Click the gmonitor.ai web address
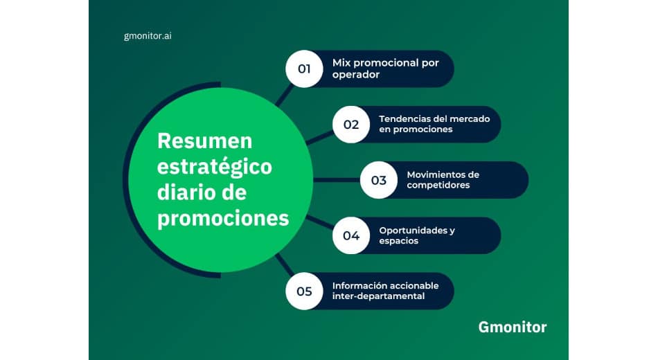[x=148, y=36]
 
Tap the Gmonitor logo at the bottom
[x=513, y=327]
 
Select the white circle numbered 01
[x=304, y=69]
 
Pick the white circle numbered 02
[x=351, y=124]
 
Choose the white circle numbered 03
[x=379, y=180]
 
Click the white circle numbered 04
[x=351, y=235]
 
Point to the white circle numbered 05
[x=304, y=291]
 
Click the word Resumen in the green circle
[x=205, y=141]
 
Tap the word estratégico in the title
[x=215, y=168]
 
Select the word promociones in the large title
[x=223, y=219]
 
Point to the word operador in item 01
[x=356, y=75]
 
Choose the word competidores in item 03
[x=438, y=186]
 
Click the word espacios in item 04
[x=399, y=241]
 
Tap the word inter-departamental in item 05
[x=378, y=296]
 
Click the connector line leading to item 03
[x=337, y=180]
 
